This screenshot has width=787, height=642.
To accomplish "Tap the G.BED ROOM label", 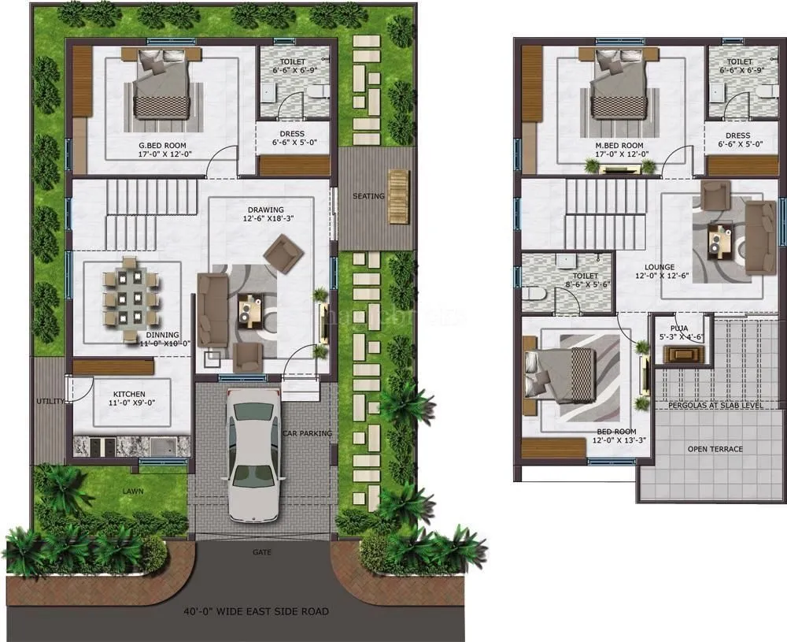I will [163, 146].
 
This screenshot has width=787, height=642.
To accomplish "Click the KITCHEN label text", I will [129, 393].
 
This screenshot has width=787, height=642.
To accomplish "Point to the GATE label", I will [262, 552].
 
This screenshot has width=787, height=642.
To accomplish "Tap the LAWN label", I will [132, 491].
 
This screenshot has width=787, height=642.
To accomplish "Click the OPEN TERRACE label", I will [715, 449].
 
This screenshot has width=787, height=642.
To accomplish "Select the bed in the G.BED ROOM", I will [161, 84].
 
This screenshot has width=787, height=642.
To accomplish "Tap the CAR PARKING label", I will [307, 433].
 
